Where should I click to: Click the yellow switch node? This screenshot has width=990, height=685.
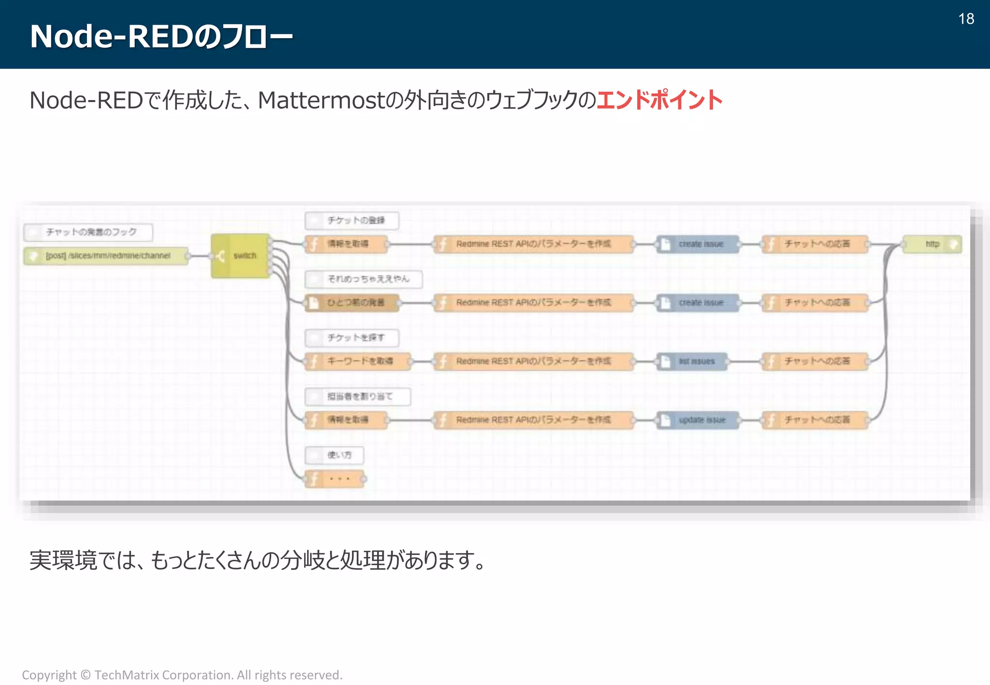pos(241,256)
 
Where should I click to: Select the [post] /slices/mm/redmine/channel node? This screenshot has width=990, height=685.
pos(106,256)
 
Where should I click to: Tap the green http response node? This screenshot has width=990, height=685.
pos(932,244)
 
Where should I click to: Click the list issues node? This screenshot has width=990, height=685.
pos(692,361)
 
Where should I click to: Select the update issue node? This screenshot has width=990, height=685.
pos(698,420)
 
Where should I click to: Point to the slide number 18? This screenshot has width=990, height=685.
pos(966,19)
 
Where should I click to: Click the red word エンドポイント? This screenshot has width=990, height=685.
pos(659,100)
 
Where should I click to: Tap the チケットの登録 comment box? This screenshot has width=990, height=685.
pos(352,220)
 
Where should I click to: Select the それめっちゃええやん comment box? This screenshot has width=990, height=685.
pos(364,279)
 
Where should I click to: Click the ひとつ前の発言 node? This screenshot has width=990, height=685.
pos(352,302)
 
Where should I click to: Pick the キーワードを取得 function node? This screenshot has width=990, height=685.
pos(358,361)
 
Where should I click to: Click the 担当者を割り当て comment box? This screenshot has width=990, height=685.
pos(358,397)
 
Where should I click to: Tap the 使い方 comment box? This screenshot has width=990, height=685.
pos(334,455)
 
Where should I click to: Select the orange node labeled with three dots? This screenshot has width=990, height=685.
pos(335,479)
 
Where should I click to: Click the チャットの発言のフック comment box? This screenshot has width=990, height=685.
pos(88,232)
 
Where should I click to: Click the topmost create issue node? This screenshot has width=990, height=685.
pos(698,244)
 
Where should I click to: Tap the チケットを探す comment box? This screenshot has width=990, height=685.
pos(352,338)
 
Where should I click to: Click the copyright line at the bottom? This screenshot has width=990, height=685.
pos(182,674)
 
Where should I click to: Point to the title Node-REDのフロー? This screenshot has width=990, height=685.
pos(161,36)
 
